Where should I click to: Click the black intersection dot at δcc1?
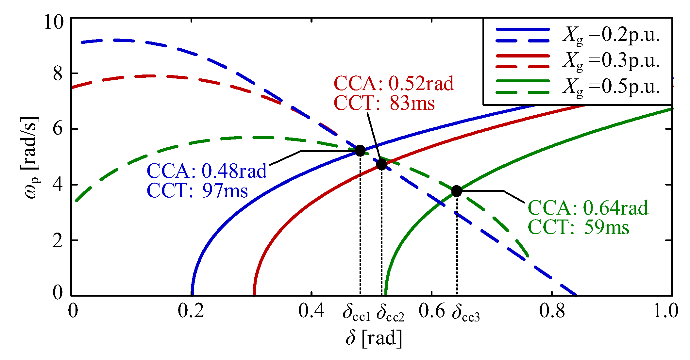(360, 151)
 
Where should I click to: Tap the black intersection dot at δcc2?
(381, 164)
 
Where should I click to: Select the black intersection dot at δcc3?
(457, 191)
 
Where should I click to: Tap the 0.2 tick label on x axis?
(191, 310)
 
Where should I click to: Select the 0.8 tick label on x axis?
(552, 310)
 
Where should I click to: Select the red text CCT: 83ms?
(384, 103)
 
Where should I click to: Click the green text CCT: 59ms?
(579, 227)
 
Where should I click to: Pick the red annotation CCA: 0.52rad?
(394, 83)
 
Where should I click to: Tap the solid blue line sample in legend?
(523, 29)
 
